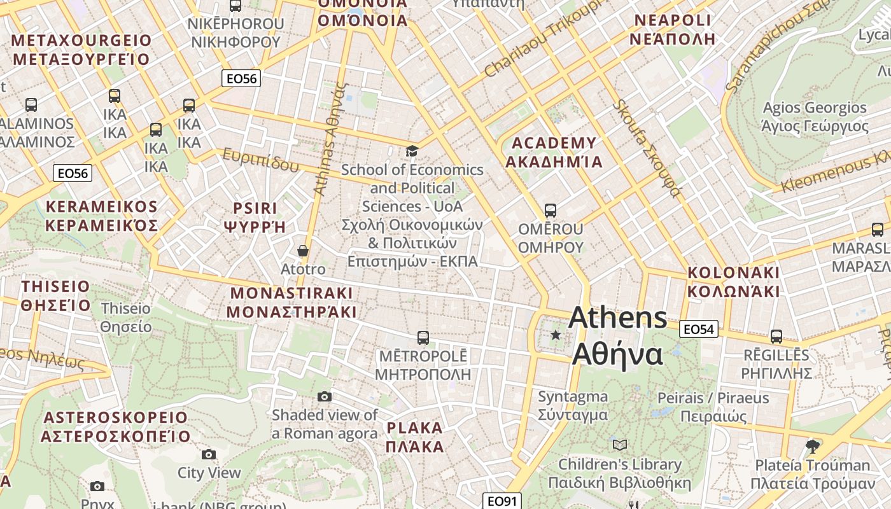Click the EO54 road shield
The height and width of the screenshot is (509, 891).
(x=699, y=329)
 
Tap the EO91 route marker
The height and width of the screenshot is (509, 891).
(x=502, y=501)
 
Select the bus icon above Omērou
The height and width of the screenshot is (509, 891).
(x=551, y=210)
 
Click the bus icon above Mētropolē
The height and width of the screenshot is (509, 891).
(x=423, y=337)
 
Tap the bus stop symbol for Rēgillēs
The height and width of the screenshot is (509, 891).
(x=776, y=337)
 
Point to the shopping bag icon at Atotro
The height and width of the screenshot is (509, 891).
(x=303, y=251)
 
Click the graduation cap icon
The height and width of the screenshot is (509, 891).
(x=412, y=151)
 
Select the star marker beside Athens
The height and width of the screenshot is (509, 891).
(x=556, y=335)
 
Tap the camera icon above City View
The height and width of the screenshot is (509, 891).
(x=209, y=454)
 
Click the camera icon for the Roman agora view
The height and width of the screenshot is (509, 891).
(x=325, y=397)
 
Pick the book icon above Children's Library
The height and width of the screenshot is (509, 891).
(x=619, y=445)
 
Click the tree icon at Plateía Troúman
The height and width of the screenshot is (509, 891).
(x=811, y=446)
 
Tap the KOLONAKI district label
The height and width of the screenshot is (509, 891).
(x=733, y=282)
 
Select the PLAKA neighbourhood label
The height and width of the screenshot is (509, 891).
(x=415, y=436)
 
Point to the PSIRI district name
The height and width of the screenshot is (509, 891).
(x=255, y=217)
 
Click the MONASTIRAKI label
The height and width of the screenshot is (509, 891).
(x=291, y=302)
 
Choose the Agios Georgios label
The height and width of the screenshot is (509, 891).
(x=815, y=116)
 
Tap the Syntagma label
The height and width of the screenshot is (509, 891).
(x=573, y=405)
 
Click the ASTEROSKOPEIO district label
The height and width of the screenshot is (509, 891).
(x=116, y=426)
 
